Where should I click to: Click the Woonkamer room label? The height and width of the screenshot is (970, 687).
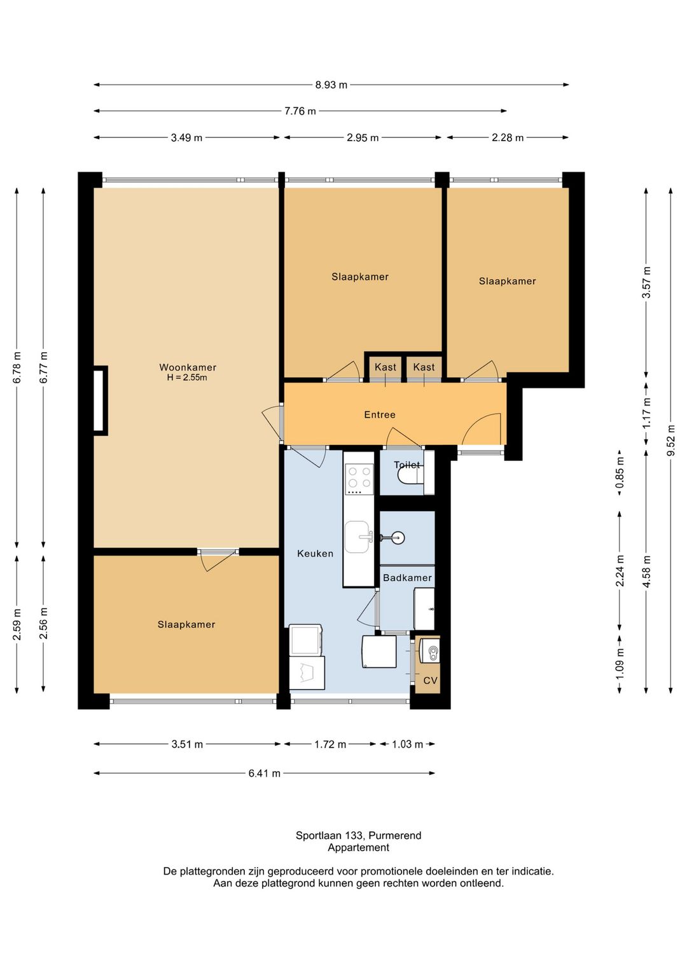click(x=188, y=367)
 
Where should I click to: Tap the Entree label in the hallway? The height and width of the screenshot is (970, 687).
click(x=380, y=415)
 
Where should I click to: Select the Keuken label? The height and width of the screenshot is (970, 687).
click(x=315, y=554)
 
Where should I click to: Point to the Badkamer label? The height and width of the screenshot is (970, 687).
click(x=407, y=578)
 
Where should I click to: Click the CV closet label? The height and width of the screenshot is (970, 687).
click(x=431, y=681)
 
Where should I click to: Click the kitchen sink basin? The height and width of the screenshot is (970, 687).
click(x=357, y=537)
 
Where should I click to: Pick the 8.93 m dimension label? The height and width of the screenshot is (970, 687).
click(x=331, y=85)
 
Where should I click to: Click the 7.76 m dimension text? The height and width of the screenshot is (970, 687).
click(x=300, y=111)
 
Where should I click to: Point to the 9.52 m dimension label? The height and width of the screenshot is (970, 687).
click(x=671, y=440)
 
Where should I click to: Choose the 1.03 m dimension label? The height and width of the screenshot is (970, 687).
click(x=407, y=744)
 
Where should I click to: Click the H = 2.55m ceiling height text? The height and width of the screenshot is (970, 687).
click(x=187, y=378)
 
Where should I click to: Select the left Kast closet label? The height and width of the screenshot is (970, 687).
click(x=385, y=367)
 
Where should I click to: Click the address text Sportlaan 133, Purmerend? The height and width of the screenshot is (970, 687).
click(x=359, y=835)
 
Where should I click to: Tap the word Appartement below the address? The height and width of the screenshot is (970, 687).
click(x=359, y=847)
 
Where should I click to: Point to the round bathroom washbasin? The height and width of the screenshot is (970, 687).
click(x=397, y=538)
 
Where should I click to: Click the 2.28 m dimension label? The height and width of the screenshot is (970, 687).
click(x=507, y=138)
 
